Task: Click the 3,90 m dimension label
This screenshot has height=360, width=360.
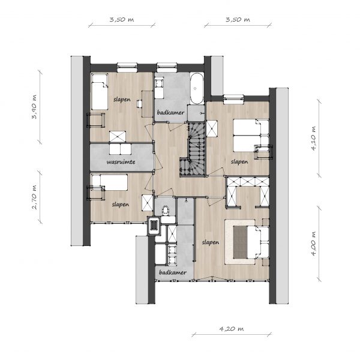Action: [x=34, y=107]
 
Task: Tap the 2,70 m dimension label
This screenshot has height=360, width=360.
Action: [x=34, y=197]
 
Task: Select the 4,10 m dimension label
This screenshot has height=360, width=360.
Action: [x=314, y=138]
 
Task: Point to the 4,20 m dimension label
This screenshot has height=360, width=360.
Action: [x=231, y=329]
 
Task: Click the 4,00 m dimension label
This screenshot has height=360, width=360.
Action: [x=314, y=243]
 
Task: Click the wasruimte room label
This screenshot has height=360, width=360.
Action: [x=121, y=162]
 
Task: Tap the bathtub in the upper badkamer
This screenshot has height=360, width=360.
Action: [x=197, y=89]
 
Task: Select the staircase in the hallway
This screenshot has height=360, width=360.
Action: [x=193, y=149]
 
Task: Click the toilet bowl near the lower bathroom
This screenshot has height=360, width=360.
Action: [x=165, y=211]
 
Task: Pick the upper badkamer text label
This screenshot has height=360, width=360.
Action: [x=170, y=113]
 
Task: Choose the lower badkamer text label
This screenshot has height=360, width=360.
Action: [x=173, y=272]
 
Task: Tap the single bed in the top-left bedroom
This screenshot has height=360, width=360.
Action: [x=100, y=91]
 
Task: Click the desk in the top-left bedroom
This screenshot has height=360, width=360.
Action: [x=147, y=104]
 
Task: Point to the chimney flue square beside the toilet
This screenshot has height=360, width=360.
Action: [x=154, y=226]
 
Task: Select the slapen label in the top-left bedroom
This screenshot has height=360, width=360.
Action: [x=122, y=100]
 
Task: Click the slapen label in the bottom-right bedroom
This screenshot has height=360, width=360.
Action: [x=211, y=242]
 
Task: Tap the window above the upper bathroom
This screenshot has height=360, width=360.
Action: [x=167, y=67]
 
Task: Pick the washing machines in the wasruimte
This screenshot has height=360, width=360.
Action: [x=121, y=149]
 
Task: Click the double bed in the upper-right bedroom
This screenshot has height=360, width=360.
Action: [x=251, y=136]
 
